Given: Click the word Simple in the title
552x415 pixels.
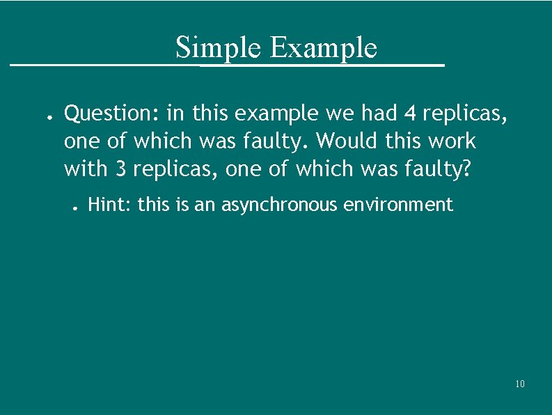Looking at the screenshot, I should click(219, 48).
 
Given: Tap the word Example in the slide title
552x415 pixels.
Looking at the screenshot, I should click(322, 48).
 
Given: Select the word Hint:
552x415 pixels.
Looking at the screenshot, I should click(111, 205).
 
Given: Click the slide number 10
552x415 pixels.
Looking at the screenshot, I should click(520, 384).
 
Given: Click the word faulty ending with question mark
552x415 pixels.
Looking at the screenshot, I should click(438, 169).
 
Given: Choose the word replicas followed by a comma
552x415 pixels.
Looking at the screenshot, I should click(471, 112).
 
